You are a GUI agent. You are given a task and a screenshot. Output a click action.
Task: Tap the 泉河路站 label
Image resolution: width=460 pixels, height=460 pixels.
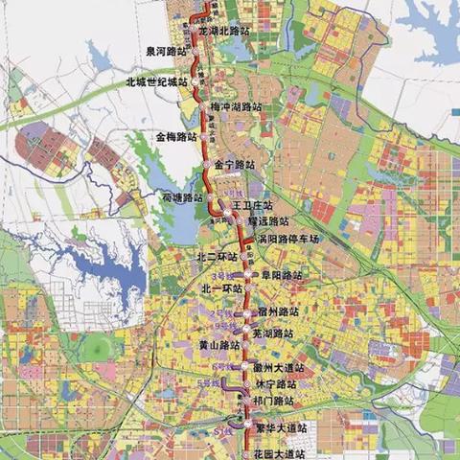click(168, 53)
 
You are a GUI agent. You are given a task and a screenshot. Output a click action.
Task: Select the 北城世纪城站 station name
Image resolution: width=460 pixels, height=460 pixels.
click(154, 82)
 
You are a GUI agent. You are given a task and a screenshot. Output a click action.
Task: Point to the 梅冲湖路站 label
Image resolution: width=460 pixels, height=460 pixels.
click(237, 106)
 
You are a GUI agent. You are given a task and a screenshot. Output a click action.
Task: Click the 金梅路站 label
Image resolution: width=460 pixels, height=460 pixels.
click(177, 137)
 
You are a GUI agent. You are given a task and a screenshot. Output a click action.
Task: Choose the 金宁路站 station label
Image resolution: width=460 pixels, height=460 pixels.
click(236, 165)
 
